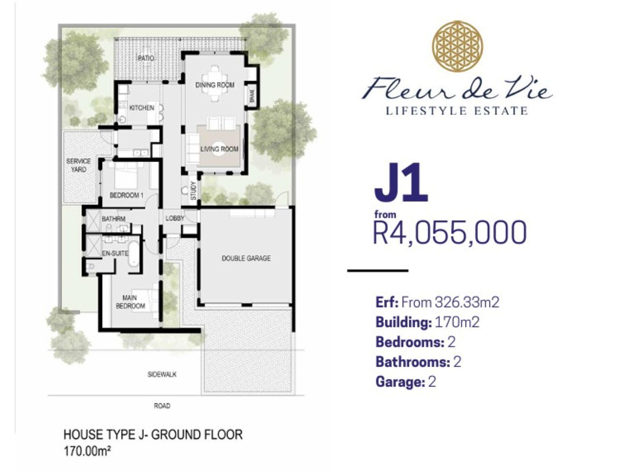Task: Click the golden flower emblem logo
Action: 458,46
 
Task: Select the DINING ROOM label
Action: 215,85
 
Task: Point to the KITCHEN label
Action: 142,108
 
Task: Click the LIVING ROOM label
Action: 219,149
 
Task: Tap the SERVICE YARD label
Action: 78,165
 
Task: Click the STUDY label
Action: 193,191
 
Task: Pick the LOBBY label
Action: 175,218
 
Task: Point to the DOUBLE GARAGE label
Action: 246,258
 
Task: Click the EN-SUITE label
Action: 115,253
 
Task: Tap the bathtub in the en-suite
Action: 134,254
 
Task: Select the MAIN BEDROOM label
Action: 130,302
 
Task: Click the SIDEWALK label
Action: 162,374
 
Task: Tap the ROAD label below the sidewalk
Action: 162,406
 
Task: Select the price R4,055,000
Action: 450,232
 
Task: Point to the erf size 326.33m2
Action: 467,302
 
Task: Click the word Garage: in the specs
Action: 400,382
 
